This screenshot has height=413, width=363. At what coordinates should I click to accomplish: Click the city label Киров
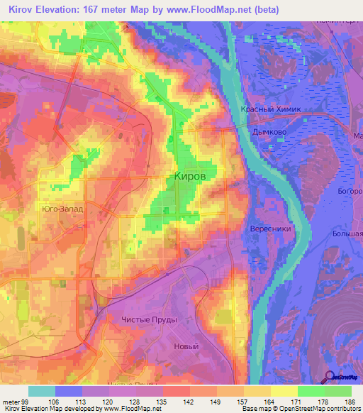[191, 177]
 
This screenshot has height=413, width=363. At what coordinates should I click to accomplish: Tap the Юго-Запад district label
[62, 209]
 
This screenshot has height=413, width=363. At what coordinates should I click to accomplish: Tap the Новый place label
[186, 346]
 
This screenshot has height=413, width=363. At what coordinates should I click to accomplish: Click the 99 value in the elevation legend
[24, 402]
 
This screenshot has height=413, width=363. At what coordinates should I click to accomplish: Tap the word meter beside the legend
[10, 402]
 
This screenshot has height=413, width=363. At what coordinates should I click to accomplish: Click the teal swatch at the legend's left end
[42, 391]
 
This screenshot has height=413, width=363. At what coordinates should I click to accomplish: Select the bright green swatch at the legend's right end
[338, 391]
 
